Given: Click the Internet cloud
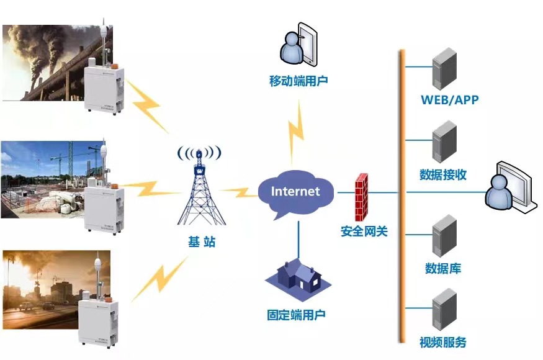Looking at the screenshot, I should [x=295, y=191].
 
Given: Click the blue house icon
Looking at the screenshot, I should [x=297, y=277].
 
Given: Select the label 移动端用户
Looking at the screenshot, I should [x=298, y=81].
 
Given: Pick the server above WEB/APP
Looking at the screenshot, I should [x=444, y=69].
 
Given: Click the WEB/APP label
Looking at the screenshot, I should [x=449, y=100].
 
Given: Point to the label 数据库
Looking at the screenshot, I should [x=443, y=269].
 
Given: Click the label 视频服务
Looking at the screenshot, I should [x=443, y=342].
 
